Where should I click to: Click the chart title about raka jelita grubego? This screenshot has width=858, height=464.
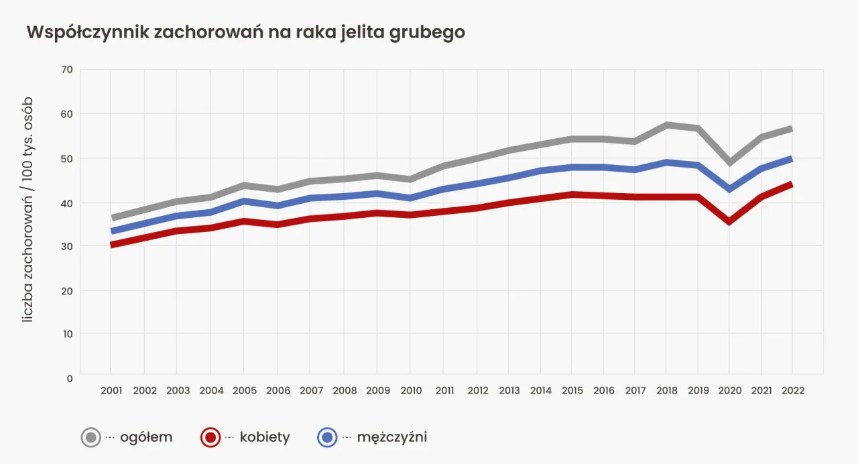click(x=245, y=33)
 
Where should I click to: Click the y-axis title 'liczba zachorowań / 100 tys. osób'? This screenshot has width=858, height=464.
click(x=27, y=209)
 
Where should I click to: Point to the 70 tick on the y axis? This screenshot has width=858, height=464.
click(x=66, y=70)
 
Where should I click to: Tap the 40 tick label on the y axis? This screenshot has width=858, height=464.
click(x=66, y=202)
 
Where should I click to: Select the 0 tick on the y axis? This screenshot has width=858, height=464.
click(x=69, y=378)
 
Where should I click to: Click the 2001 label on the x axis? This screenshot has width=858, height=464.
click(x=111, y=390)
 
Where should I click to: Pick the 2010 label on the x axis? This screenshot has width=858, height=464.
click(x=410, y=390)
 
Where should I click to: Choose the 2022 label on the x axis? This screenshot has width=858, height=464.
click(x=792, y=390)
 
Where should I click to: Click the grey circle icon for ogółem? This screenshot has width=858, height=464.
click(x=91, y=438)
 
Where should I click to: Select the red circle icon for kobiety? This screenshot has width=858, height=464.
click(x=210, y=438)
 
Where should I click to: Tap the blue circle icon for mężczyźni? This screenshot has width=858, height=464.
click(x=327, y=438)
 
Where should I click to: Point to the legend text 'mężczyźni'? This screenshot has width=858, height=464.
click(x=392, y=438)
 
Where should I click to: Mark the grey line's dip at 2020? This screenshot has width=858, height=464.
click(x=729, y=162)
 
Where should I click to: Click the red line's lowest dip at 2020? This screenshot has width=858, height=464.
click(x=729, y=221)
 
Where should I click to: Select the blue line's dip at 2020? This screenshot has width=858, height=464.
click(x=729, y=189)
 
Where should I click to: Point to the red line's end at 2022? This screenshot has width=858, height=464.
click(x=791, y=184)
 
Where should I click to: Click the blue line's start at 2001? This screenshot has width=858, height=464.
click(x=113, y=231)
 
